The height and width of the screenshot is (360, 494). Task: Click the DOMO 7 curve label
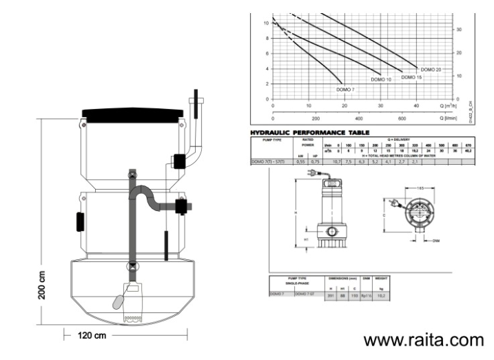tap(346, 90)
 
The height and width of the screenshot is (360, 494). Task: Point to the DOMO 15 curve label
tap(411, 77)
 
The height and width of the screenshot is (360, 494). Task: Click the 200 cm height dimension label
tap(42, 284)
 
